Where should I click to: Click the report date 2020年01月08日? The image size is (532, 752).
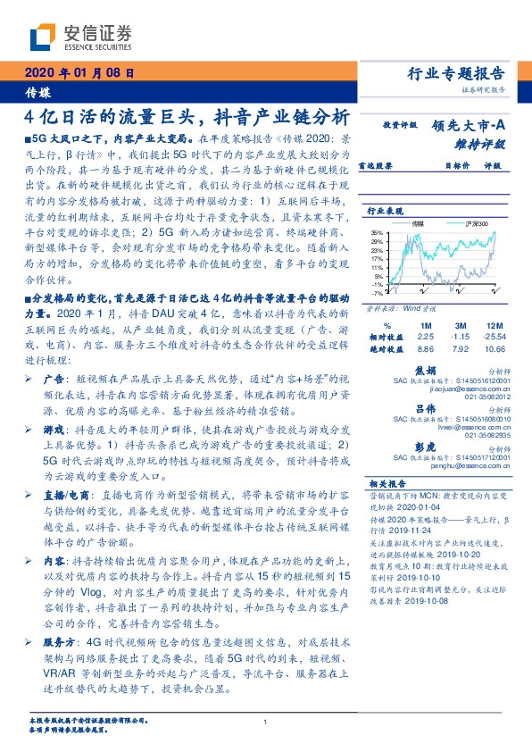point(80,74)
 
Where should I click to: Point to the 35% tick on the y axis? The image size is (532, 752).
point(376,233)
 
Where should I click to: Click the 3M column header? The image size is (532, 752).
point(461,325)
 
